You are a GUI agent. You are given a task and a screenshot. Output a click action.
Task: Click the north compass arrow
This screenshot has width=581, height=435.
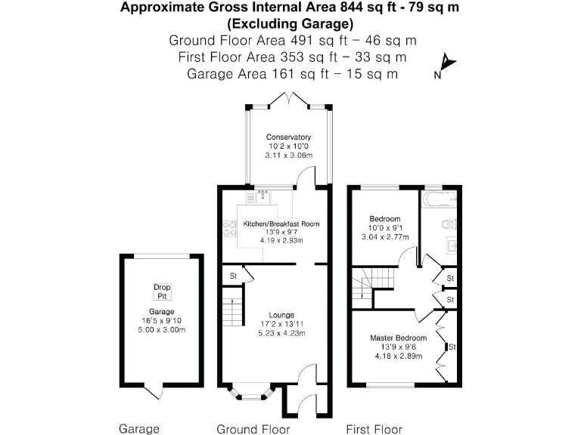click(x=446, y=64)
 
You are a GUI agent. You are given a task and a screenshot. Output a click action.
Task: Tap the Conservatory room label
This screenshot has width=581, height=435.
click(x=288, y=137)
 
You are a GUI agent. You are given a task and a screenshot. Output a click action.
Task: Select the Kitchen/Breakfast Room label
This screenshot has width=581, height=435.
click(x=281, y=224)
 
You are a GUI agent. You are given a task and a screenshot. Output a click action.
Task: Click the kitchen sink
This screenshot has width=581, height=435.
click(x=263, y=198)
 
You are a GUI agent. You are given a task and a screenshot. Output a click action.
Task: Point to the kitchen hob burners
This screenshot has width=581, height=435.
click(x=228, y=228)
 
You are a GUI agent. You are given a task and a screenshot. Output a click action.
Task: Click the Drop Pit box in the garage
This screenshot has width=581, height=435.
click(x=162, y=291)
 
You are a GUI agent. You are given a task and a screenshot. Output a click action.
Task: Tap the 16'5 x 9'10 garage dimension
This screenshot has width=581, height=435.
click(x=162, y=321)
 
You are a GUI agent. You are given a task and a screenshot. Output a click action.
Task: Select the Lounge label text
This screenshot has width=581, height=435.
click(x=281, y=314)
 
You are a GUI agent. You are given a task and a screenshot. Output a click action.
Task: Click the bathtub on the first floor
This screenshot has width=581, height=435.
click(x=438, y=202)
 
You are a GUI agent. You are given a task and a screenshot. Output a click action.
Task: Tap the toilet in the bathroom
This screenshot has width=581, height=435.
click(x=449, y=224)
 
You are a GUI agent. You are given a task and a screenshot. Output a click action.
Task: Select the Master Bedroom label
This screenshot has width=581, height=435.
click(x=398, y=338)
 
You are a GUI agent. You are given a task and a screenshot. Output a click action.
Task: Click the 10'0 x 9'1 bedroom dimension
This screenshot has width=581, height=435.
click(x=385, y=227)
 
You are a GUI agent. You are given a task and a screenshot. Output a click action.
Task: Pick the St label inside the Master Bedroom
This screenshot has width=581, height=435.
click(x=452, y=347)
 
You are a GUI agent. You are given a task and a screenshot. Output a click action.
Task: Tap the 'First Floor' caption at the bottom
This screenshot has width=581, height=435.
click(x=374, y=429)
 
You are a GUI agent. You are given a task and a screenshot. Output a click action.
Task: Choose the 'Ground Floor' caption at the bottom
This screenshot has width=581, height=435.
click(x=253, y=429)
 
